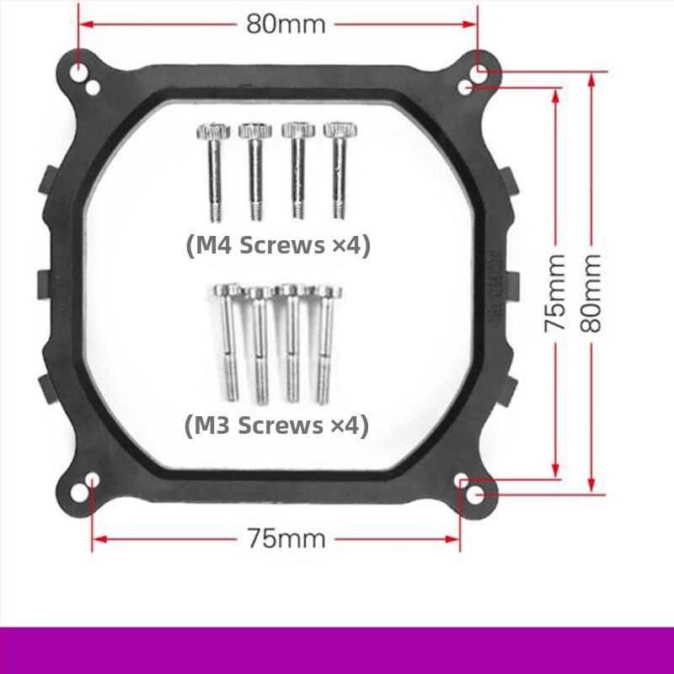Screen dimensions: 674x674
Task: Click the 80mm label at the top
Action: pyautogui.click(x=286, y=24)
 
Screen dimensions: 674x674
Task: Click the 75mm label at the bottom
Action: pyautogui.click(x=286, y=538)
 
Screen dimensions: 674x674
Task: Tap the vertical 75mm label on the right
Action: pyautogui.click(x=555, y=293)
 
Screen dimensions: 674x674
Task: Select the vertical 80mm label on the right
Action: pyautogui.click(x=591, y=293)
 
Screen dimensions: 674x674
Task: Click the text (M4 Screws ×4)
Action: pyautogui.click(x=278, y=245)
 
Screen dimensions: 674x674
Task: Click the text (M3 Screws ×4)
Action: pyautogui.click(x=276, y=425)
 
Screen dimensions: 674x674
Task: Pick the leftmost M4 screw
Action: pyautogui.click(x=214, y=173)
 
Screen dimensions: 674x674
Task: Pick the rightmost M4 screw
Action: pyautogui.click(x=340, y=171)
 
